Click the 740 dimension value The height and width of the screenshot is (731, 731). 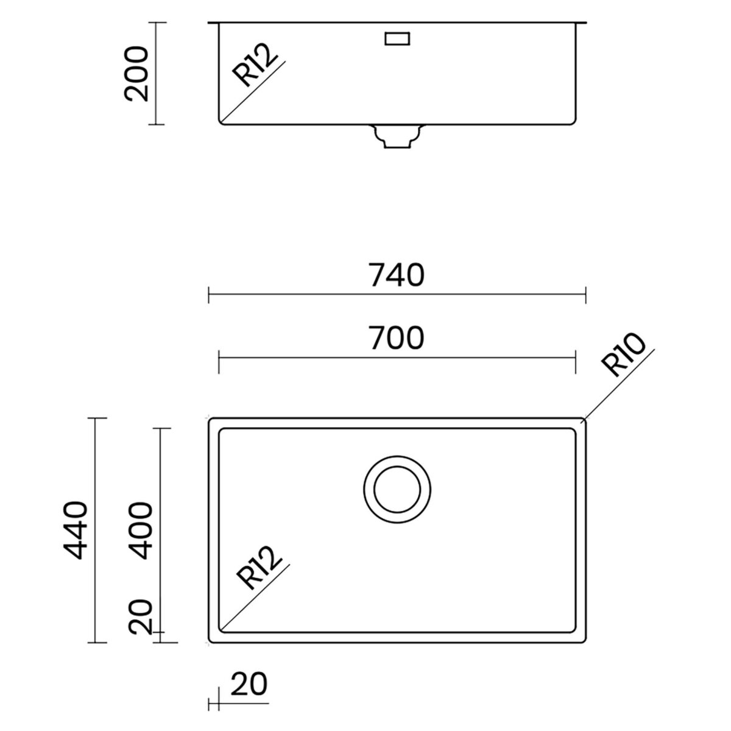pos(397,275)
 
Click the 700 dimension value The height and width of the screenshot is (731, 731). pos(397,337)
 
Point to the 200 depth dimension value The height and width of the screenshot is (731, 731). pos(136,74)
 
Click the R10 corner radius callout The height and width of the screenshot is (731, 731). pos(623,355)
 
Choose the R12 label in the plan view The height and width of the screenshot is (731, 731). pos(259,568)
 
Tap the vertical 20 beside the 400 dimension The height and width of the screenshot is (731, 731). pos(140,616)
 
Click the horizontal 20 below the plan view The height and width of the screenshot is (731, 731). pos(249,683)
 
